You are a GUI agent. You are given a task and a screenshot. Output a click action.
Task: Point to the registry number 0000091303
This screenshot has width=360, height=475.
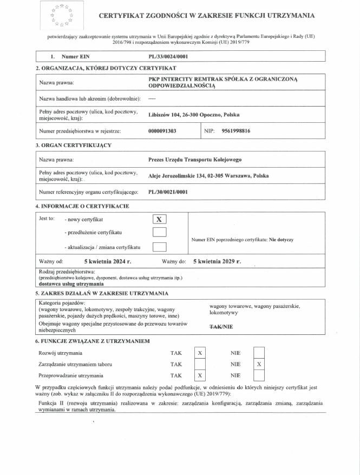pos(162,131)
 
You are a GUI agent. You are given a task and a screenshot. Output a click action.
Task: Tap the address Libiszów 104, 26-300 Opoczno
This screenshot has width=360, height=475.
pos(193,115)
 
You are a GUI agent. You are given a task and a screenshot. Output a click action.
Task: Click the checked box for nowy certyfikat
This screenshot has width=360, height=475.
pos(159,219)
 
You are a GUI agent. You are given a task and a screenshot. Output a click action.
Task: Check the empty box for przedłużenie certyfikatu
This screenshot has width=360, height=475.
pos(159,233)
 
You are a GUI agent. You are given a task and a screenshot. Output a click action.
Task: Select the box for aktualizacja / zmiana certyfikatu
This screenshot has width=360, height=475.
pos(159,247)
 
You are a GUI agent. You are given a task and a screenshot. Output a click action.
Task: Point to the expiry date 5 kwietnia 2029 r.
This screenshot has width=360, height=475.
pos(217,261)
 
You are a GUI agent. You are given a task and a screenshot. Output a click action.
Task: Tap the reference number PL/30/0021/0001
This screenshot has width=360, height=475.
pos(168,192)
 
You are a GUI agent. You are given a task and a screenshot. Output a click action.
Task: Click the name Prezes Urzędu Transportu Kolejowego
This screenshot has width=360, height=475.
pos(195,160)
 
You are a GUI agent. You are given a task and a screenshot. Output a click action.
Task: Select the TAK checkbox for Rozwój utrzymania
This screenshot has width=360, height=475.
pos(200,353)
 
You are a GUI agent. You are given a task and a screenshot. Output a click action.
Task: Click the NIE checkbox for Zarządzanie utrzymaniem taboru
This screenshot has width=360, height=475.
pos(259,364)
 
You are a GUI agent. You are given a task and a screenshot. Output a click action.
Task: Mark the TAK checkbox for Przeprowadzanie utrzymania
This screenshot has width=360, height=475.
pos(200,375)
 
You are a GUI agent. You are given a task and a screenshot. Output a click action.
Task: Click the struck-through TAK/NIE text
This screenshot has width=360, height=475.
pos(221,326)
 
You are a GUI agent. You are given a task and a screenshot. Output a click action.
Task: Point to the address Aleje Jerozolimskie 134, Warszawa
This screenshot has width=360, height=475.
pos(208,176)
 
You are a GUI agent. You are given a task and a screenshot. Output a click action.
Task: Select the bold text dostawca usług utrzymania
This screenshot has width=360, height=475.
pos(71,283)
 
